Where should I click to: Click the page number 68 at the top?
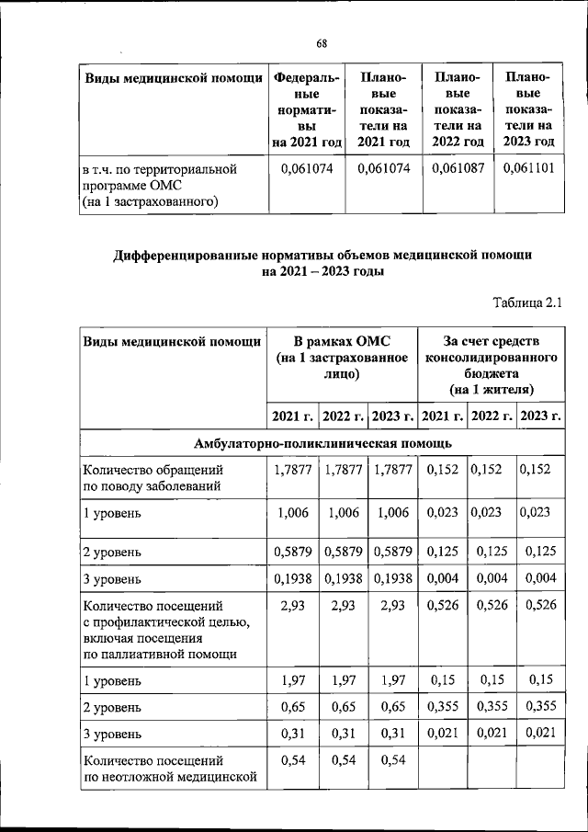(322, 43)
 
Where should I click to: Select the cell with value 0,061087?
(458, 169)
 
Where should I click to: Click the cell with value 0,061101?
(528, 169)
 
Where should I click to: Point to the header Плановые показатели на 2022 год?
(458, 108)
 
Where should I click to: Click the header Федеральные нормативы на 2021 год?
(306, 108)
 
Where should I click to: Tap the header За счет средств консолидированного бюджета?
(492, 365)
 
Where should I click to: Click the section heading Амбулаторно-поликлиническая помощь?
(322, 444)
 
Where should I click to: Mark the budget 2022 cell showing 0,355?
(492, 707)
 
